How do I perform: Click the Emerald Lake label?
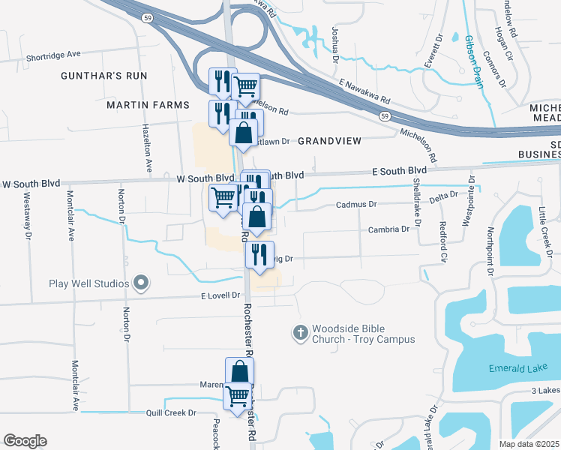tap(515, 368)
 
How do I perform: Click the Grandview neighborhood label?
tap(329, 141)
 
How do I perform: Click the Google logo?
tap(25, 441)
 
